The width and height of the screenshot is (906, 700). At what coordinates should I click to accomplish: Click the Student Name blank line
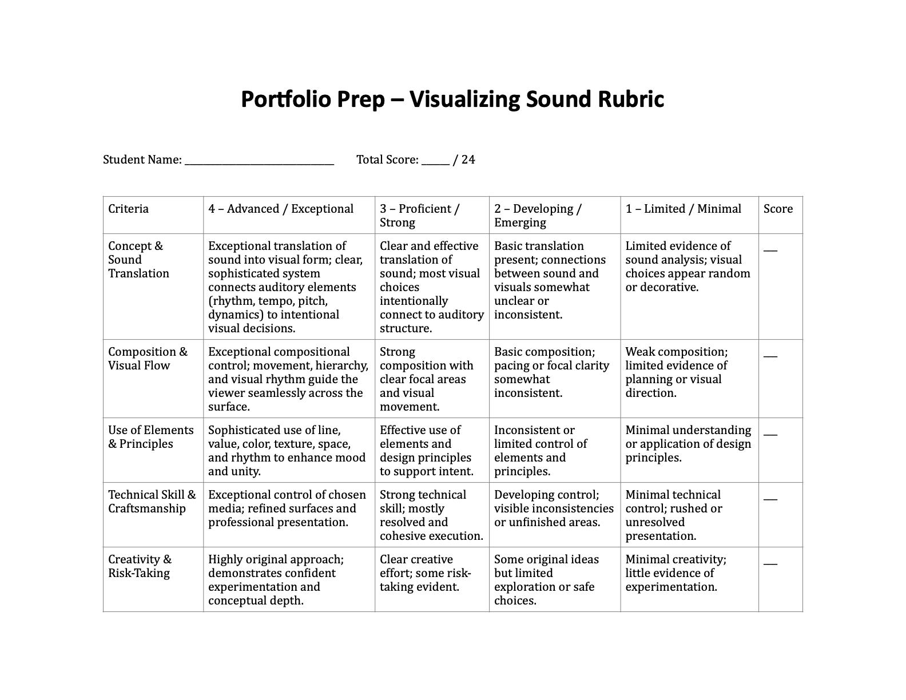(x=259, y=161)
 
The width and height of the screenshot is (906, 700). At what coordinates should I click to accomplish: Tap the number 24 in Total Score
(x=468, y=160)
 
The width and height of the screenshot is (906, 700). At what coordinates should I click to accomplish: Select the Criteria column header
(x=129, y=209)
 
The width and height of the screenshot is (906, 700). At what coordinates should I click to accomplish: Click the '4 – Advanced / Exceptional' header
(x=281, y=209)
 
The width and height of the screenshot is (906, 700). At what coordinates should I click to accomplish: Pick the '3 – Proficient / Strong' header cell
(x=419, y=216)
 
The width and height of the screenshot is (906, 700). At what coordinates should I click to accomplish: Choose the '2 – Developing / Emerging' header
(x=538, y=216)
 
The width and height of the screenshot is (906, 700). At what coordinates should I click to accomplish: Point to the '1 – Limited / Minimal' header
(x=683, y=209)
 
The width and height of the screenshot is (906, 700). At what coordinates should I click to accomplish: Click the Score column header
(x=778, y=209)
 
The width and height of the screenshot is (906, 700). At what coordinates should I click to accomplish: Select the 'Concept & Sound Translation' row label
(x=138, y=260)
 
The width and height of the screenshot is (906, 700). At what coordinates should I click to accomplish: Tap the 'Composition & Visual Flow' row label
(x=148, y=359)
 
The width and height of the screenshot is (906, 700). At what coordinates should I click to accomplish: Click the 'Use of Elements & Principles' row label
(x=151, y=437)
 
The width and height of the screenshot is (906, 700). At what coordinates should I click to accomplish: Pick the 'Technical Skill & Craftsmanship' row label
(x=152, y=502)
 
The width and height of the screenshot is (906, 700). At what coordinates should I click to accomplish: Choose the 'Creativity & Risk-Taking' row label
(x=140, y=566)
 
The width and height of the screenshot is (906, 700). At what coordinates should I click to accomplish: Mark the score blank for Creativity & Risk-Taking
(x=770, y=564)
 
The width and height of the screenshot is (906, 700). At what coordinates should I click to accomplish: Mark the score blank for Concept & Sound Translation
(x=770, y=250)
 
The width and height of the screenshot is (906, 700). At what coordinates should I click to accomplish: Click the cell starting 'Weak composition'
(x=676, y=372)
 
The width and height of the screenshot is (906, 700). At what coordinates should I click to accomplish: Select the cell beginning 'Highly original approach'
(x=276, y=580)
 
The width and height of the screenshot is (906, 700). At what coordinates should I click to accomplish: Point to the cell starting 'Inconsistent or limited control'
(x=541, y=451)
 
